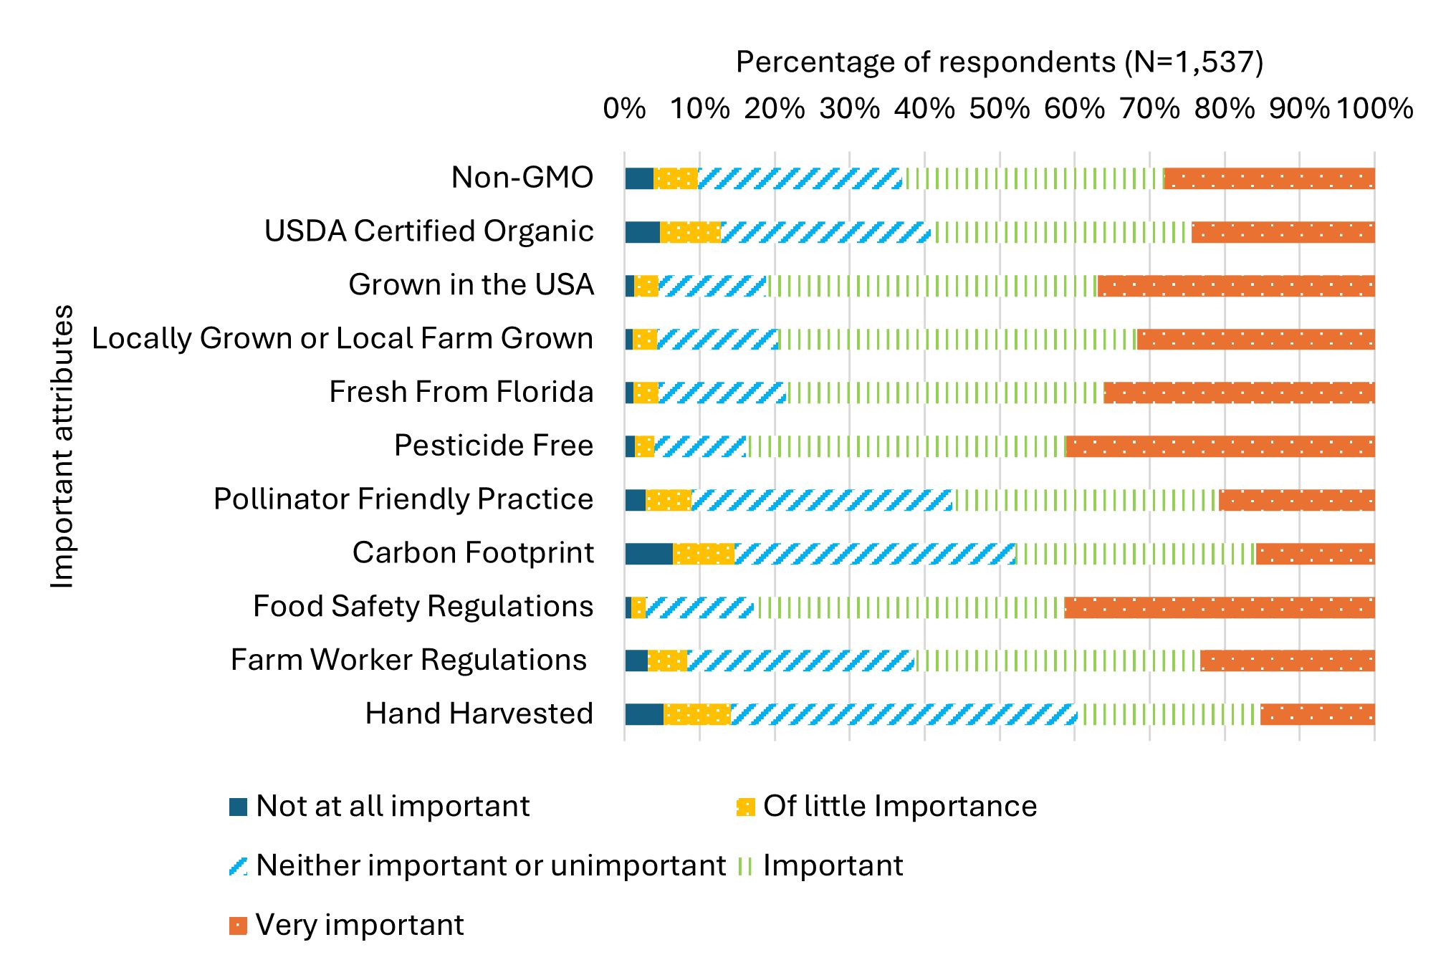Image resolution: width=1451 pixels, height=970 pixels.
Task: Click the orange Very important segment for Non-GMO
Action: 1269,178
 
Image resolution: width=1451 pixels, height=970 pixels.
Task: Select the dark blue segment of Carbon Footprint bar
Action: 648,554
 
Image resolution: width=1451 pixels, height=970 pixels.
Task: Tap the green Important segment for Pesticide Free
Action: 906,446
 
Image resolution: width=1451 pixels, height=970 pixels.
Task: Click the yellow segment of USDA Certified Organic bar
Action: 690,232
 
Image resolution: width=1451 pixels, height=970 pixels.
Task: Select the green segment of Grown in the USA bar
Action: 932,286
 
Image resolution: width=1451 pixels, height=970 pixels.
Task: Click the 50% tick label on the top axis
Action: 999,109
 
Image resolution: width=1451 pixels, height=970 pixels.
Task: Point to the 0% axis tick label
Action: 624,109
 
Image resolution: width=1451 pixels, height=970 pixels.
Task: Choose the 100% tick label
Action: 1374,109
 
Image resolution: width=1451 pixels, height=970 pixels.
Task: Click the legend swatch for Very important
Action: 238,926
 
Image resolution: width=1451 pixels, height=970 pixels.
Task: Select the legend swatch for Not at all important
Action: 238,807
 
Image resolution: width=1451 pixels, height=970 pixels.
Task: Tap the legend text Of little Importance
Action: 899,806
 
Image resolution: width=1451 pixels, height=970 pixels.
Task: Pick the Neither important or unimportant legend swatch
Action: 238,866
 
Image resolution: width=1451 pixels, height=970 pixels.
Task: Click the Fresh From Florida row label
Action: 461,392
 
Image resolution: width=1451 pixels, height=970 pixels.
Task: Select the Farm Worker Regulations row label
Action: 408,660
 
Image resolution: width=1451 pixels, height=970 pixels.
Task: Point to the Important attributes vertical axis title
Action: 62,446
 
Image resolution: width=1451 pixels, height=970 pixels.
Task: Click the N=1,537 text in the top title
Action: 1193,62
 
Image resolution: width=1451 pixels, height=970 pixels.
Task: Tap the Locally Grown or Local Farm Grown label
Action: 343,338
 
